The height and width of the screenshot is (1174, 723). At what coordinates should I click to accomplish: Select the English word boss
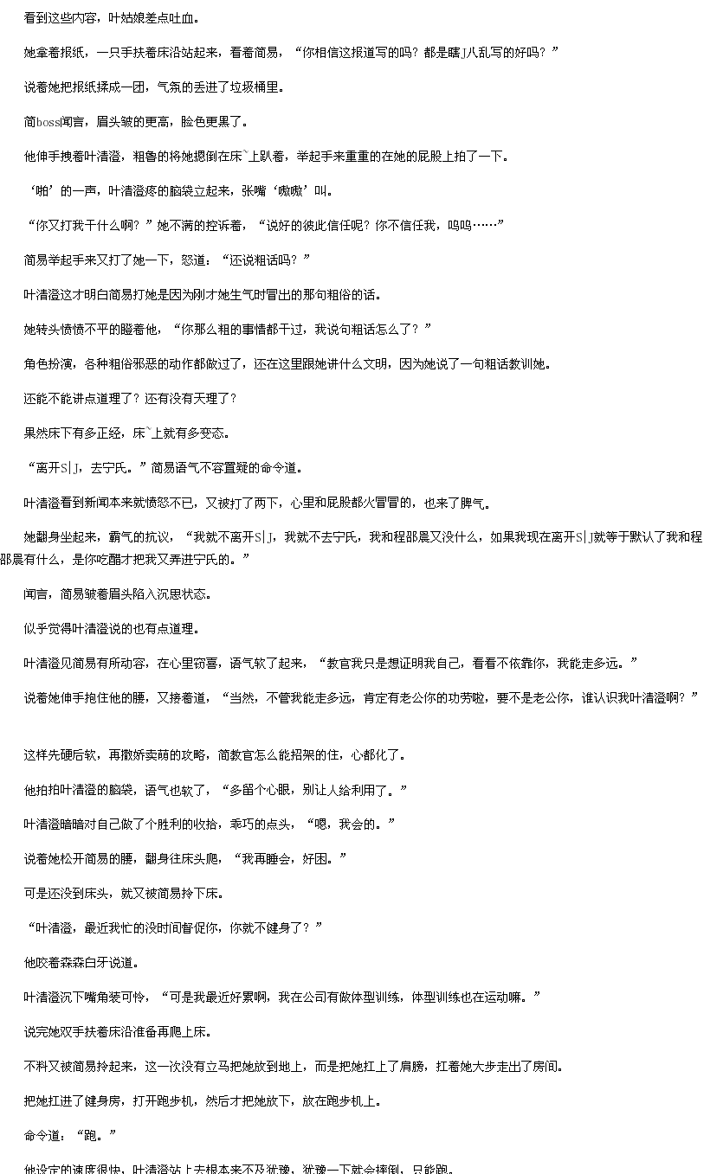pos(48,122)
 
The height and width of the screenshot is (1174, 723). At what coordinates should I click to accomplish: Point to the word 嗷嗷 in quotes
pos(289,191)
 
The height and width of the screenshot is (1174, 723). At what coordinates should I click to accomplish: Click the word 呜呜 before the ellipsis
pos(459,225)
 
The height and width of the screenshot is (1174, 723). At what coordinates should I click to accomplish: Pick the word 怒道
pos(193,260)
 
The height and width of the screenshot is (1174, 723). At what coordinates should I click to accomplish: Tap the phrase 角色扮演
pos(48,363)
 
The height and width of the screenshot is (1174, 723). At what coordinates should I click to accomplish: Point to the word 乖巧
pos(242,824)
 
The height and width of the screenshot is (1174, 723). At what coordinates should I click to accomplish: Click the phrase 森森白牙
pos(84,962)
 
